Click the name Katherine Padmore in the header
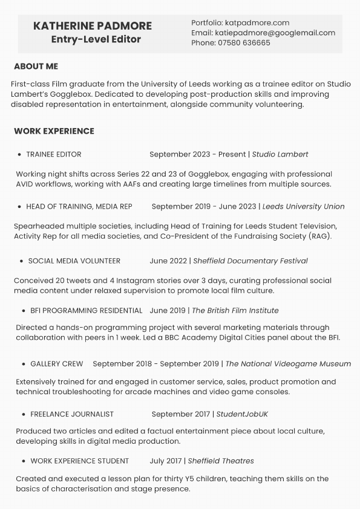coord(93,26)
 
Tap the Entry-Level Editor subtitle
coord(96,39)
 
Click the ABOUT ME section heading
coord(36,66)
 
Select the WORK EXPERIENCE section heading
coord(54,131)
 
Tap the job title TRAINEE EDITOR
coord(53,155)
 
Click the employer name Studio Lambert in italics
coord(280,155)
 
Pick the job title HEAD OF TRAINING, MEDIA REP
coord(79,207)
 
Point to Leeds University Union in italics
coord(303,207)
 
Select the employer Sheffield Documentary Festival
coord(250,261)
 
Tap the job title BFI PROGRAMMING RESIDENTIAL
coord(86,311)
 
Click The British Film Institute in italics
coord(235,311)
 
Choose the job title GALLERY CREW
coord(57,364)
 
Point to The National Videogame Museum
coord(288,364)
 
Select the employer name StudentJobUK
coord(242,415)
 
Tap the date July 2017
coord(165,461)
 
